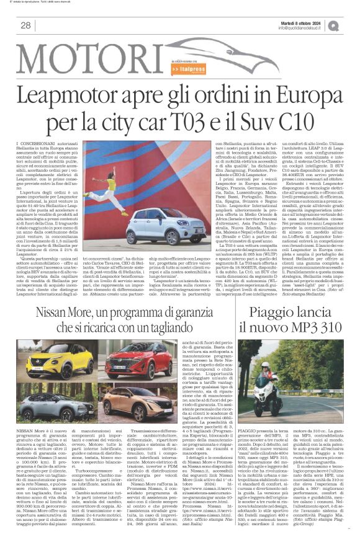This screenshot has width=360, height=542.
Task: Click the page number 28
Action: tap(25, 25)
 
